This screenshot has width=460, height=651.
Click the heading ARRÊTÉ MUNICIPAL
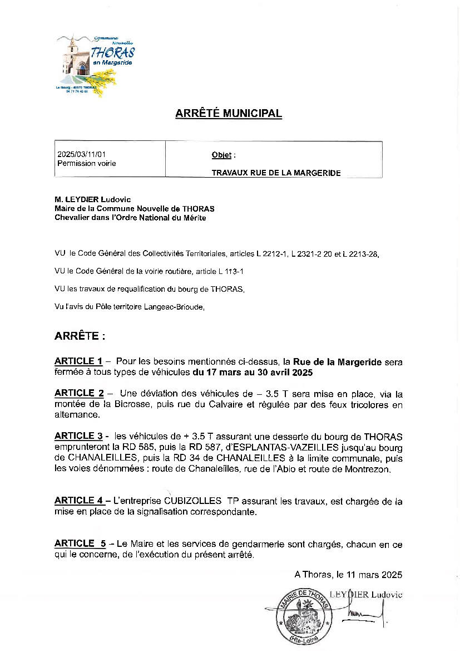pyautogui.click(x=229, y=114)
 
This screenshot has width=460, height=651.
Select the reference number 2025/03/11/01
pyautogui.click(x=81, y=154)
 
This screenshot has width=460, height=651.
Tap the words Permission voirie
pyautogui.click(x=87, y=163)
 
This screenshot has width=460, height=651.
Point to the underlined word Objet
pyautogui.click(x=221, y=155)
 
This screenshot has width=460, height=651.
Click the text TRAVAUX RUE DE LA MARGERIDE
pyautogui.click(x=276, y=173)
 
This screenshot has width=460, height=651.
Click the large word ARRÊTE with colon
pyautogui.click(x=80, y=336)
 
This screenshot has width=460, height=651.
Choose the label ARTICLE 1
pyautogui.click(x=78, y=362)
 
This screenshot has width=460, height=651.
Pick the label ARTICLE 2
pyautogui.click(x=79, y=393)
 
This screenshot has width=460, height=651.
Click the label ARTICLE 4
pyautogui.click(x=79, y=501)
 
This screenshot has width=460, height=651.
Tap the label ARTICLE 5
pyautogui.click(x=80, y=544)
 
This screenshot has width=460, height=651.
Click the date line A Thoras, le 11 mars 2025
pyautogui.click(x=348, y=574)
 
